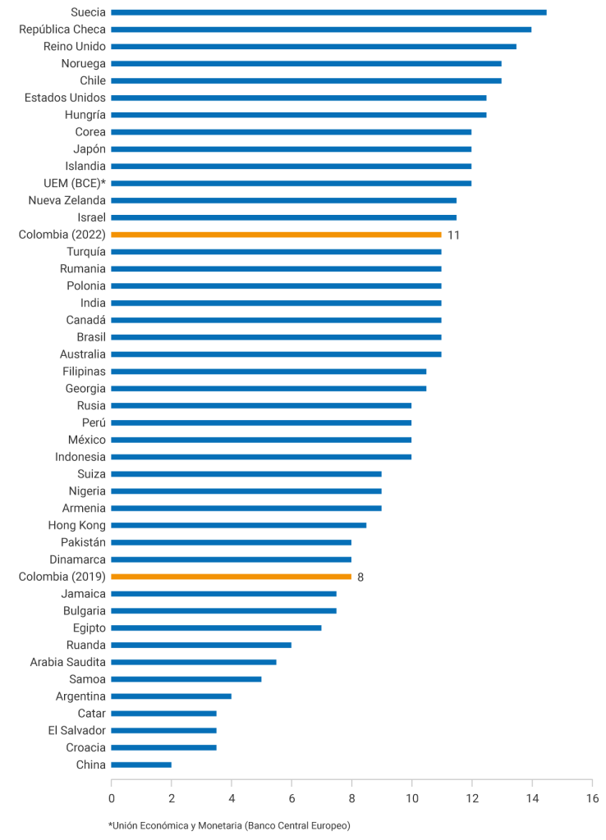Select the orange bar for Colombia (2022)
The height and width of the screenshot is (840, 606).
pos(276,235)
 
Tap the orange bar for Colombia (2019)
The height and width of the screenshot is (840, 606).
pos(231,577)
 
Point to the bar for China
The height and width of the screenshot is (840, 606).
pos(141,765)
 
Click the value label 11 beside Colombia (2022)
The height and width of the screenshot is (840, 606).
pos(453,235)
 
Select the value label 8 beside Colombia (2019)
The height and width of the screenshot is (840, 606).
pos(360,577)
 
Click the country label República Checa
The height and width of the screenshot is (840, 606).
pos(62,30)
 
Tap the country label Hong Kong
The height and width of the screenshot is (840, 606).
pos(76,525)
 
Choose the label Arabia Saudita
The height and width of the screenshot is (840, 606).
pos(68,662)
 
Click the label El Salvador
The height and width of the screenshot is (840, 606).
pos(77,730)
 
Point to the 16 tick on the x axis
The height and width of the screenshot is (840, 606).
pos(592,797)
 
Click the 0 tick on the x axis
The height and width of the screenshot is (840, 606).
pos(112,797)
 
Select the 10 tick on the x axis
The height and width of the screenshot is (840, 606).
pos(411,797)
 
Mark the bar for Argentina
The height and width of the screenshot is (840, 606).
pos(171,696)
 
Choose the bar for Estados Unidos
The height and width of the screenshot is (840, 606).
pos(299,98)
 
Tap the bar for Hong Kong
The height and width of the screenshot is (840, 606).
pos(238,525)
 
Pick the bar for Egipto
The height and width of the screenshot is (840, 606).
pos(216,628)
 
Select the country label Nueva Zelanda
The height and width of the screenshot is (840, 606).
pos(67,200)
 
